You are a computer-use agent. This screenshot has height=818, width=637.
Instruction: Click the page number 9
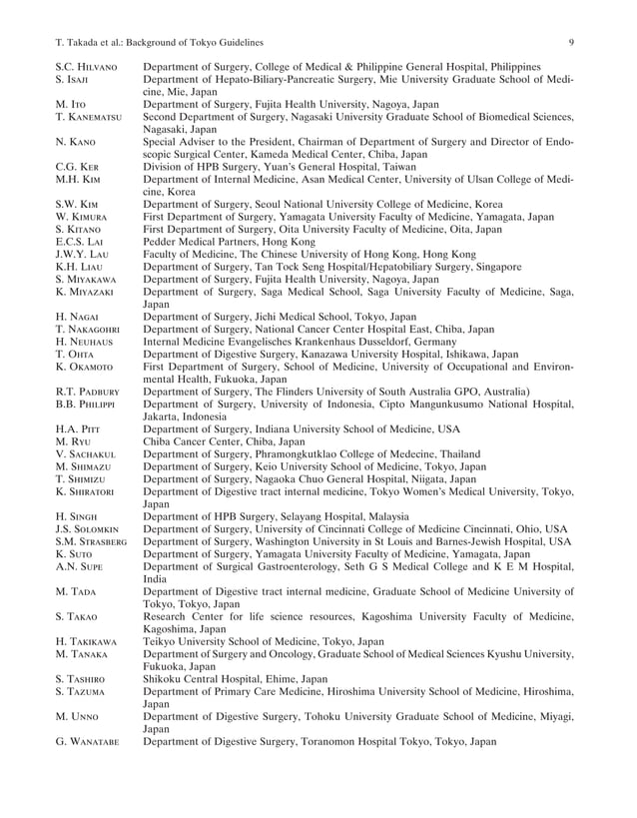(570, 41)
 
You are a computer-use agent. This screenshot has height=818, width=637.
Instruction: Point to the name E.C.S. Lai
(80, 242)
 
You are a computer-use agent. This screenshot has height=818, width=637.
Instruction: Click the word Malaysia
(380, 516)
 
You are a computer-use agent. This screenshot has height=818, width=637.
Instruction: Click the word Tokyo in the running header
(203, 41)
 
